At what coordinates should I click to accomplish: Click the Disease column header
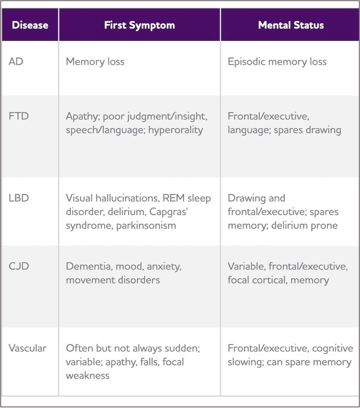point(30,25)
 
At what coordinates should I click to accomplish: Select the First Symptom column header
point(139,25)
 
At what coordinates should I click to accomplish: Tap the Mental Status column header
point(291,25)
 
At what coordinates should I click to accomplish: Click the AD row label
point(16,62)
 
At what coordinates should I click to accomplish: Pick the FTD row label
point(18,116)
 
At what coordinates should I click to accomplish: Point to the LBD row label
point(19,198)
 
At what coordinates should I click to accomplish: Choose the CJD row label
point(19,266)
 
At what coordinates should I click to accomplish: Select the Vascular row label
point(27,348)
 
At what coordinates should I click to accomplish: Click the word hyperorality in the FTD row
point(176,130)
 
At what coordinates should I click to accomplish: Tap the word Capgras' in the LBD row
point(168,212)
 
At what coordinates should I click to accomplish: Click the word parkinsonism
point(146,225)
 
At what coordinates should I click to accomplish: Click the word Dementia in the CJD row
point(89,267)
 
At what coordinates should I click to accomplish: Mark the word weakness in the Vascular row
point(88,376)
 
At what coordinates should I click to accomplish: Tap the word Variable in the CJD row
point(247,267)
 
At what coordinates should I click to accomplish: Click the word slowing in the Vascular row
point(246,362)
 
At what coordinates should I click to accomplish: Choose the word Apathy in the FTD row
point(83,116)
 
